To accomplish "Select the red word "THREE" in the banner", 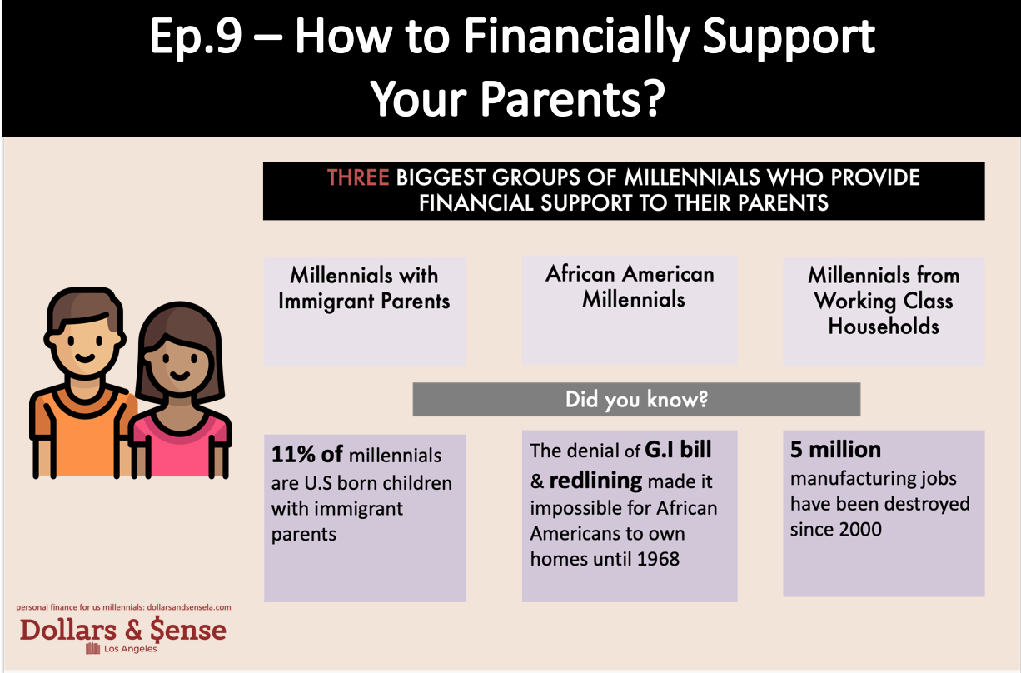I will point(359,178).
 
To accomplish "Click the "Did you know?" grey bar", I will point(636,400).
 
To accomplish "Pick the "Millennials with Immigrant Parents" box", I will point(365,311).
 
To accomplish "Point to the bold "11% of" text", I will point(308,455).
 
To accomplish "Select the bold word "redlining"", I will point(595,481).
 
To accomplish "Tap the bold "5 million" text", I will point(835,451).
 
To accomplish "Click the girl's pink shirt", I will point(178,441).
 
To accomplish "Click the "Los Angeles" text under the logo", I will point(130,649).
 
